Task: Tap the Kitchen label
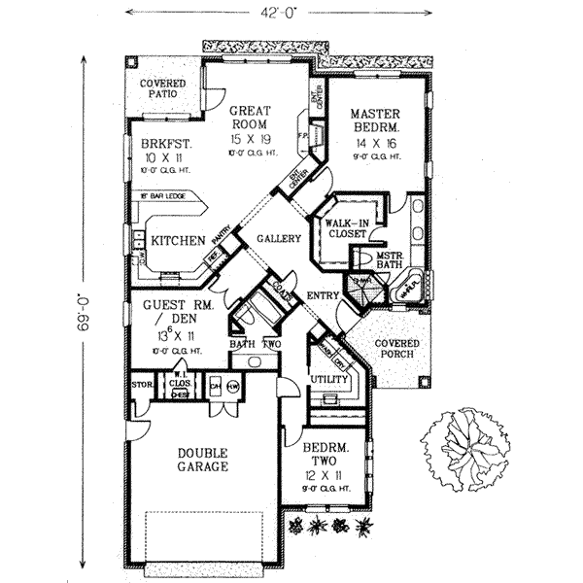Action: click(177, 240)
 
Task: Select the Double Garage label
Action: click(202, 459)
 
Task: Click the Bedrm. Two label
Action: click(324, 458)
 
